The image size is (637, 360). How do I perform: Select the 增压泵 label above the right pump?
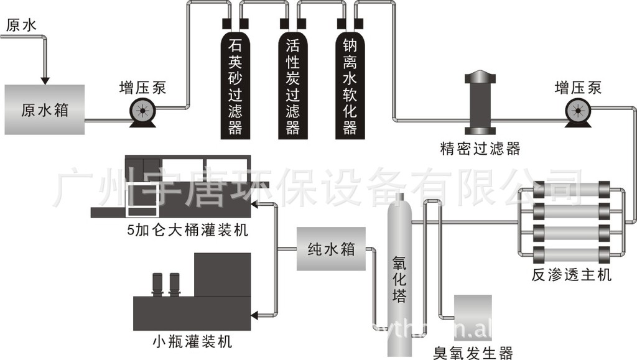tap(579, 87)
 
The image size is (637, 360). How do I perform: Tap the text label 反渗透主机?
tap(571, 274)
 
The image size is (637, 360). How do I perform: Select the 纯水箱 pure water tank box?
tap(330, 249)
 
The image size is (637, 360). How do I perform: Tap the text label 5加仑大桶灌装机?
tap(187, 231)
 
